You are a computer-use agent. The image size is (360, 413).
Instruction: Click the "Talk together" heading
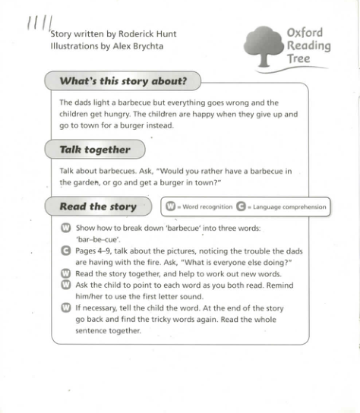coord(95,150)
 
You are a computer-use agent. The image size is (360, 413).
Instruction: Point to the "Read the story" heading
coord(98,206)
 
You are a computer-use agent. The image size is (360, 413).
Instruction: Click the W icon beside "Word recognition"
coord(171,206)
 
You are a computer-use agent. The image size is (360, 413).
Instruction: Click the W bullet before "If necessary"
coord(65,308)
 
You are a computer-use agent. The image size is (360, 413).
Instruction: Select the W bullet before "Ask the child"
coord(65,285)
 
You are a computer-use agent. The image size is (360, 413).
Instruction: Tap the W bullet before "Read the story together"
coord(65,273)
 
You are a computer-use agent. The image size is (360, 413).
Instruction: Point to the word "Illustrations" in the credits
coord(73,46)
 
